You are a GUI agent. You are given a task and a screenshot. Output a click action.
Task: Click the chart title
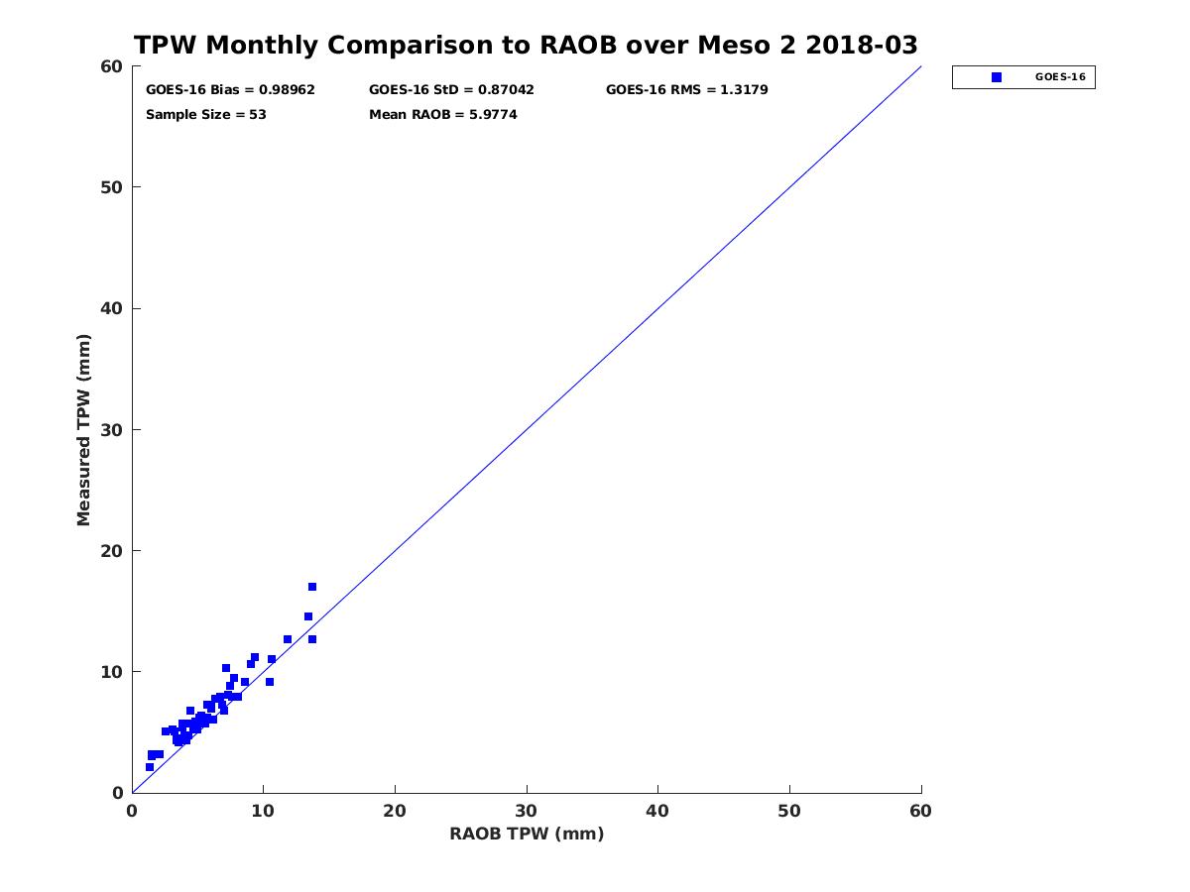point(526,46)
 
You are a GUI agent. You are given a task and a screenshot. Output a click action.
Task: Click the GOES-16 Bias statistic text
point(230,90)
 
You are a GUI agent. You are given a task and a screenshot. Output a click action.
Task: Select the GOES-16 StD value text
point(451,90)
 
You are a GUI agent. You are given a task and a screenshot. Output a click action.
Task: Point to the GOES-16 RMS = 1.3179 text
point(686,90)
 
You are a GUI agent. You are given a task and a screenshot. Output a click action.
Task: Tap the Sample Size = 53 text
point(205,115)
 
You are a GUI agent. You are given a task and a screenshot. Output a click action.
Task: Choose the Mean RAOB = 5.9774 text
point(442,115)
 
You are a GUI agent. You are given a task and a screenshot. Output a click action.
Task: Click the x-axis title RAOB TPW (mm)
point(527,835)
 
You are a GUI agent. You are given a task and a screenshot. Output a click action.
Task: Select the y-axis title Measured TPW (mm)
point(84,429)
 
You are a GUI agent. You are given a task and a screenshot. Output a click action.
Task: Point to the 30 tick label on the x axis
point(527,812)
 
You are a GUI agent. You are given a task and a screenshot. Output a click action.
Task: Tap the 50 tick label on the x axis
point(789,812)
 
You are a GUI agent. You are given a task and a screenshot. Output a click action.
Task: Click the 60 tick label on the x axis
point(921,812)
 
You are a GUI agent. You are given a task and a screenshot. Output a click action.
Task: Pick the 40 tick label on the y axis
point(112,309)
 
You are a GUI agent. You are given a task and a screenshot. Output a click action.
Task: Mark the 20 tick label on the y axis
point(112,551)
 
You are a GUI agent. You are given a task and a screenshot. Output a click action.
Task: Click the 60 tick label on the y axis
point(112,66)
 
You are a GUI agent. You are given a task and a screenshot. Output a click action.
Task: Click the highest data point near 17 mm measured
point(312,587)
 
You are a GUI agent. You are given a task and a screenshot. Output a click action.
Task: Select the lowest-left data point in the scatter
point(150,767)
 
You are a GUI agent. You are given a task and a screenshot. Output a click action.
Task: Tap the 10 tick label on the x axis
point(263,812)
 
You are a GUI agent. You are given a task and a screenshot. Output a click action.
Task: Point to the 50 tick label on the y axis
point(112,187)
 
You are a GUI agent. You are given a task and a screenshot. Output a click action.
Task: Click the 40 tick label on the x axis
point(657,812)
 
